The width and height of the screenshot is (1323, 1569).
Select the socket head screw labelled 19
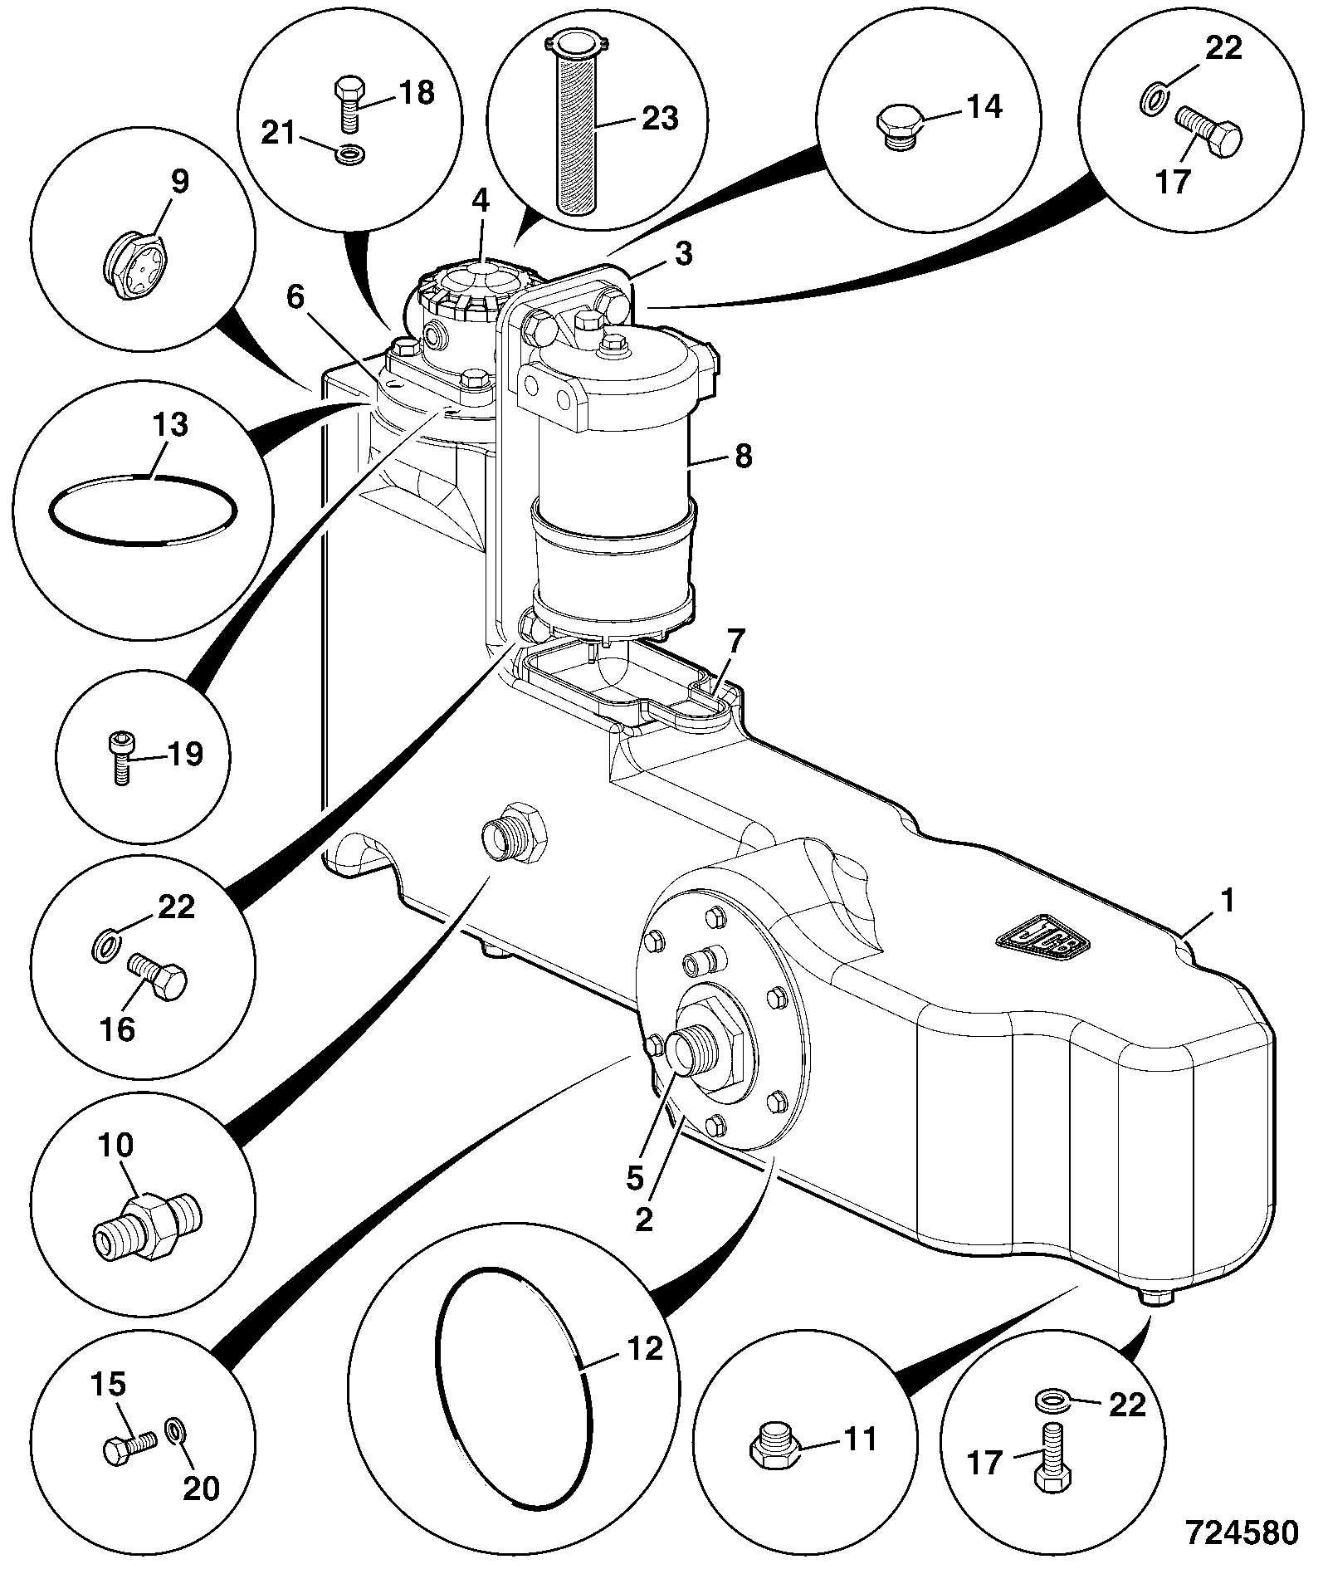point(121,757)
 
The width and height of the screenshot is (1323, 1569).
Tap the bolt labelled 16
point(158,978)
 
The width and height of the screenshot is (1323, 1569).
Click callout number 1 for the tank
point(1228,902)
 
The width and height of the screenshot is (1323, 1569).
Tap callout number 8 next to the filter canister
point(743,455)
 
